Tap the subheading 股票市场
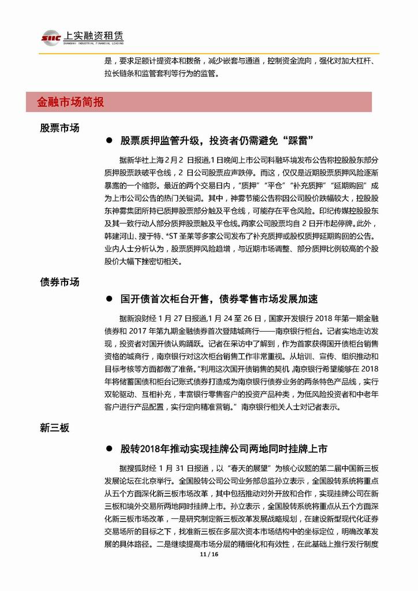[59, 128]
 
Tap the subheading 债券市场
[59, 282]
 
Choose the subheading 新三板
[55, 428]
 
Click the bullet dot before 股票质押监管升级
[109, 141]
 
